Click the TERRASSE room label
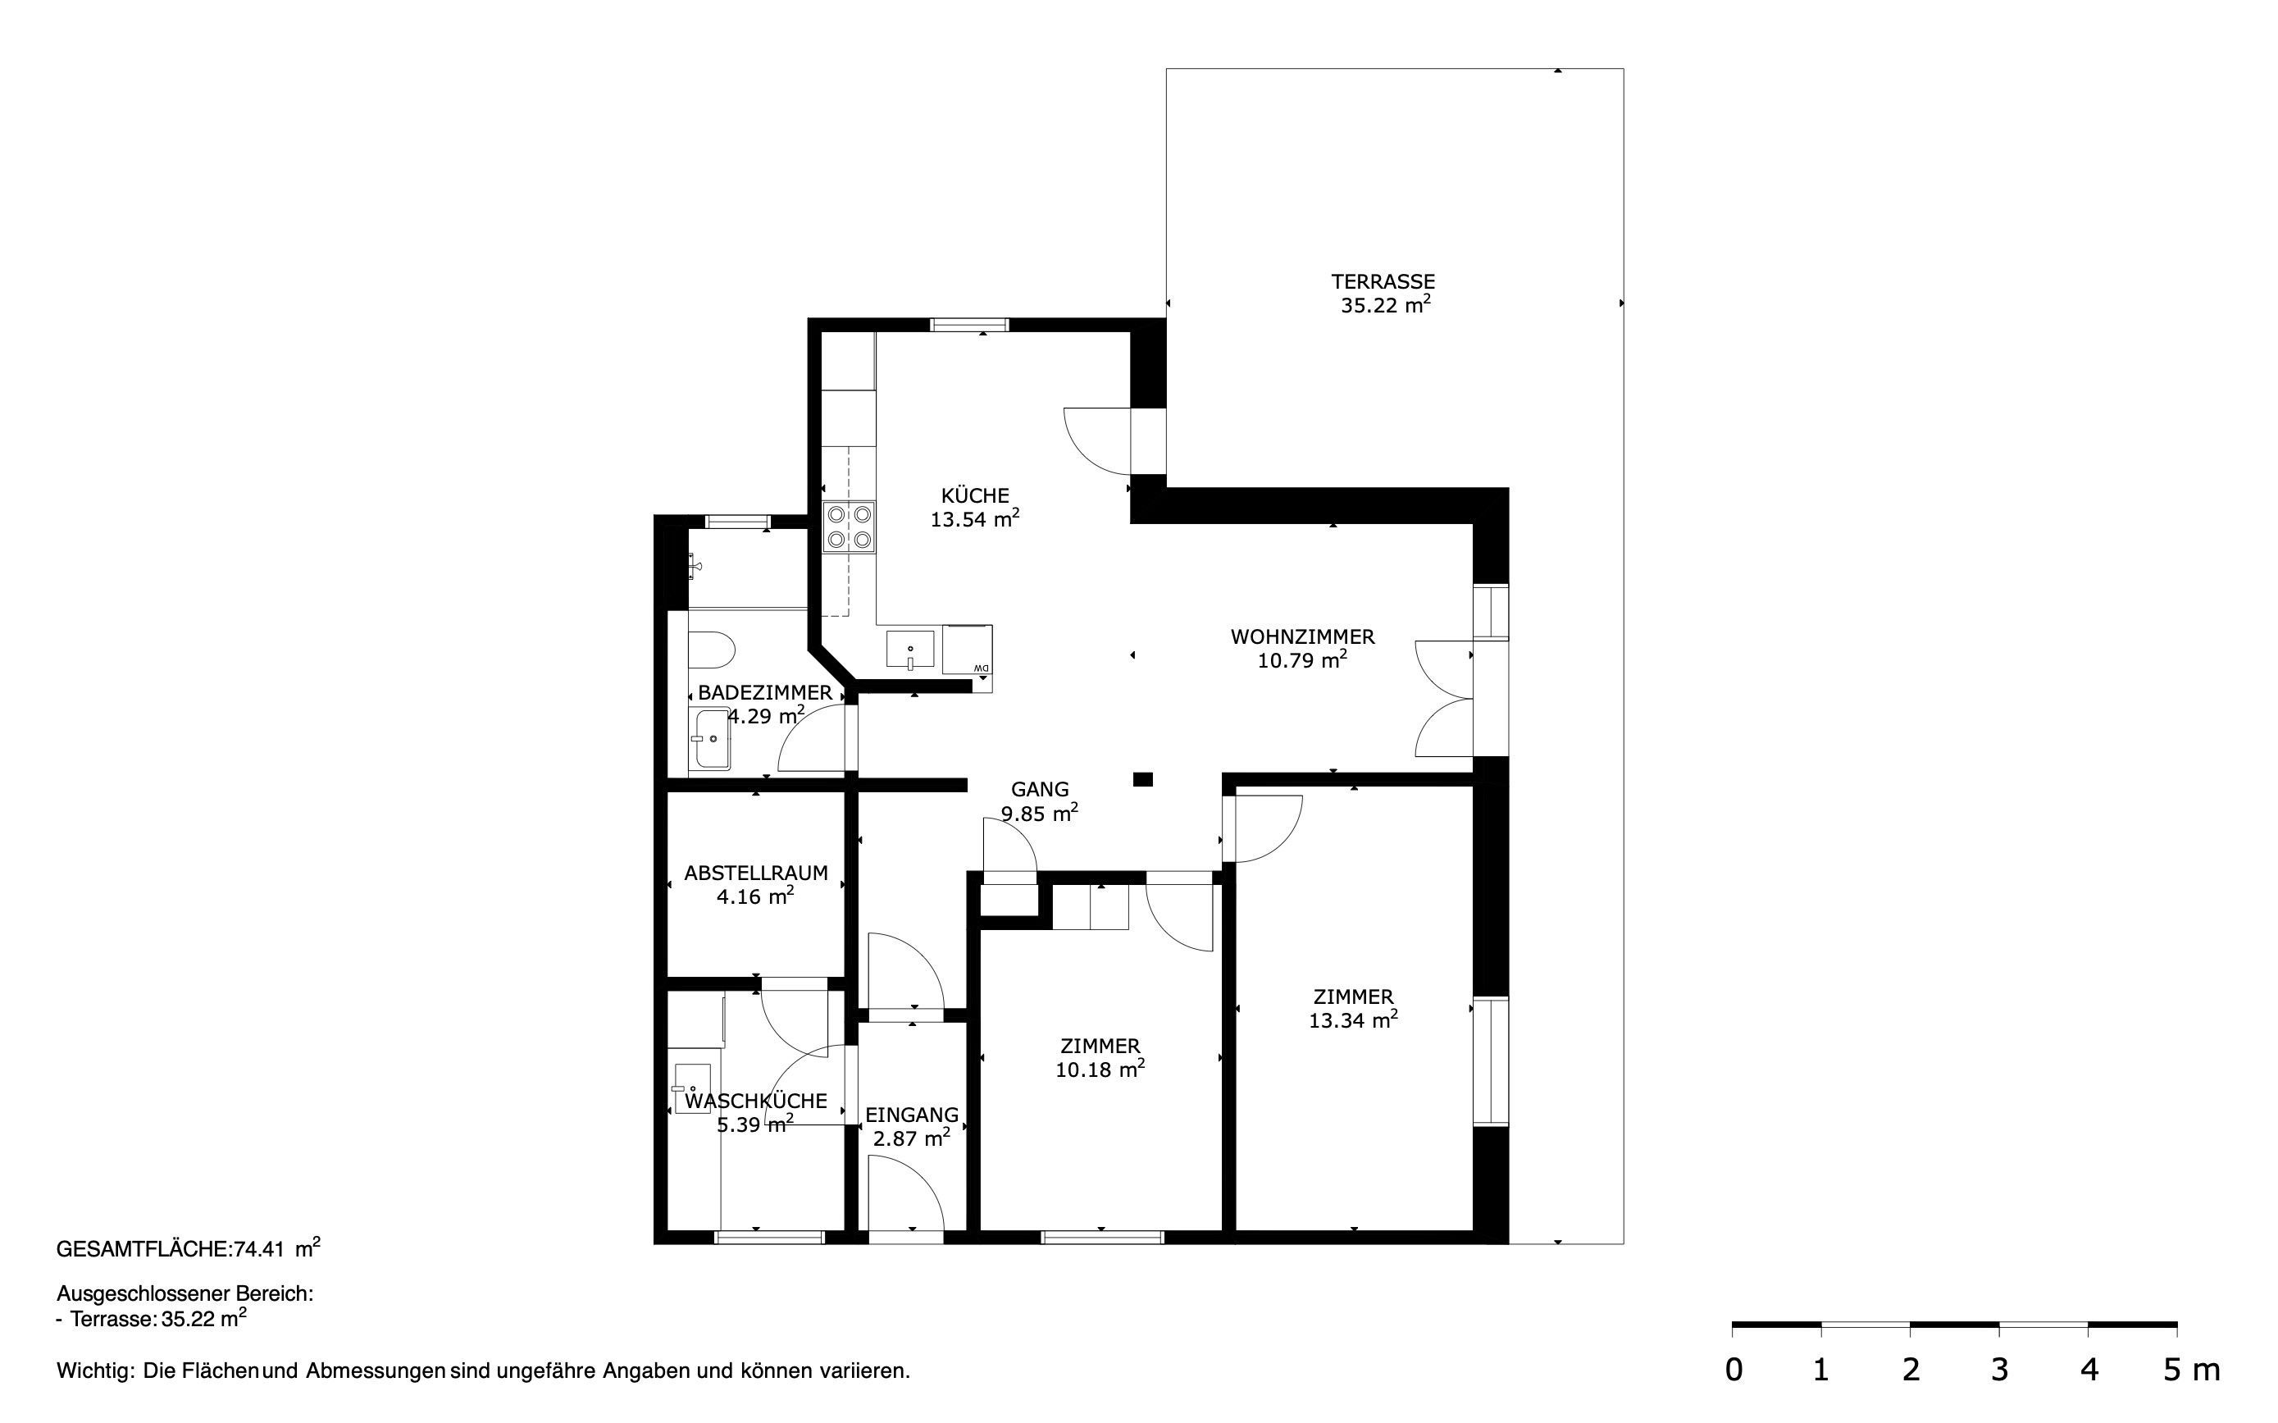(x=1383, y=281)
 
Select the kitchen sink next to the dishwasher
(x=910, y=650)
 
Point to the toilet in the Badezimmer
(x=711, y=650)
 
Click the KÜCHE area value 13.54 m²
(x=975, y=518)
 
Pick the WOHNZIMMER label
(x=1302, y=637)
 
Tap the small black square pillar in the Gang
(x=1142, y=778)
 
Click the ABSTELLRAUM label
(x=755, y=873)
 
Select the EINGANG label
(x=912, y=1115)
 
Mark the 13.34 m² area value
(x=1353, y=1019)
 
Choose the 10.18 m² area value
(x=1100, y=1070)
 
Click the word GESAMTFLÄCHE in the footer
(x=143, y=1249)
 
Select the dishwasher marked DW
(x=968, y=650)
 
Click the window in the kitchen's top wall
(x=969, y=325)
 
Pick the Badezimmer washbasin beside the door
(x=709, y=738)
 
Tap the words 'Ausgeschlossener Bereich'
(x=185, y=1293)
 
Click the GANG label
(x=1040, y=790)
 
